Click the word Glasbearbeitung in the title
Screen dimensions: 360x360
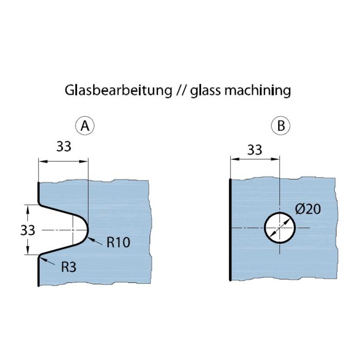pos(118,91)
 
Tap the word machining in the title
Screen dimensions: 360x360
pos(258,91)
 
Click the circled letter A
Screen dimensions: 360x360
pos(85,125)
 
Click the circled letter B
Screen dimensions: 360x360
pos(281,125)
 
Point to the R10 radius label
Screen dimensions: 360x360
pos(118,242)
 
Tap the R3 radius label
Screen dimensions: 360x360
pos(68,267)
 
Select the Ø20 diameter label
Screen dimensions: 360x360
pos(308,209)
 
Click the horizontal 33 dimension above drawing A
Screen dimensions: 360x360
pos(64,146)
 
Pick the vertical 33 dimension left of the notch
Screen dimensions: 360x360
pos(28,230)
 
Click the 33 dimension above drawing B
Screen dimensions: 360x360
pos(255,150)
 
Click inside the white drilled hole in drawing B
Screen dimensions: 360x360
pos(280,228)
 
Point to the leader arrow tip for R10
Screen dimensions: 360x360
pos(88,238)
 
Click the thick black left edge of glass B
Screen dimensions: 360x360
pos(230,229)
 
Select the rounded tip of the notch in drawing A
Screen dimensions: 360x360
pos(88,229)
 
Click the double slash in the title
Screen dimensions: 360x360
pos(181,91)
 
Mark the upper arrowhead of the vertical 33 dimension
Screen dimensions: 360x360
pos(28,209)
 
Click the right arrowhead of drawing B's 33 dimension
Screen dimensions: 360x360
pos(276,159)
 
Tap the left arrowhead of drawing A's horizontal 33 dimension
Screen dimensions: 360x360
pos(43,161)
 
